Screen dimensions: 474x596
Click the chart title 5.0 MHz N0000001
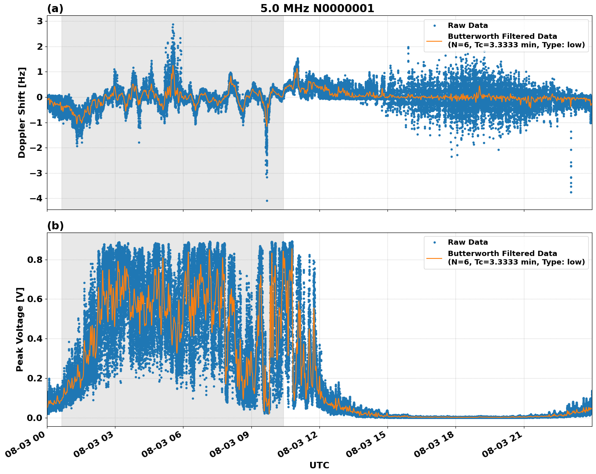(317, 8)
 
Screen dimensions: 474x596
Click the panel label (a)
(55, 8)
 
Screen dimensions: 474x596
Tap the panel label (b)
(55, 226)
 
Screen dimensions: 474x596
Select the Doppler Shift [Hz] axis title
(22, 112)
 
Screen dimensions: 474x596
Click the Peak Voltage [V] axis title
(20, 329)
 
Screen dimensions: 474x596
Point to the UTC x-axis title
(319, 465)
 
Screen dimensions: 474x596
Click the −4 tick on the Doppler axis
(36, 199)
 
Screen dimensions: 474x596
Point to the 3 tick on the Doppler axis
(40, 21)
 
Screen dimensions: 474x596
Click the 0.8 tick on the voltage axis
(35, 260)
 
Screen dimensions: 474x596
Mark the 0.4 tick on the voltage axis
(35, 339)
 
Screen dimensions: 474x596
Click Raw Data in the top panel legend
(468, 25)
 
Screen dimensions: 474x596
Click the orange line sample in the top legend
(434, 41)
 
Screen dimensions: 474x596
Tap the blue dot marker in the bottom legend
(434, 243)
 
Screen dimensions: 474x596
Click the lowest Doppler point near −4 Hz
(267, 201)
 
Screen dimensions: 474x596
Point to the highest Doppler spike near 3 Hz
(173, 24)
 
